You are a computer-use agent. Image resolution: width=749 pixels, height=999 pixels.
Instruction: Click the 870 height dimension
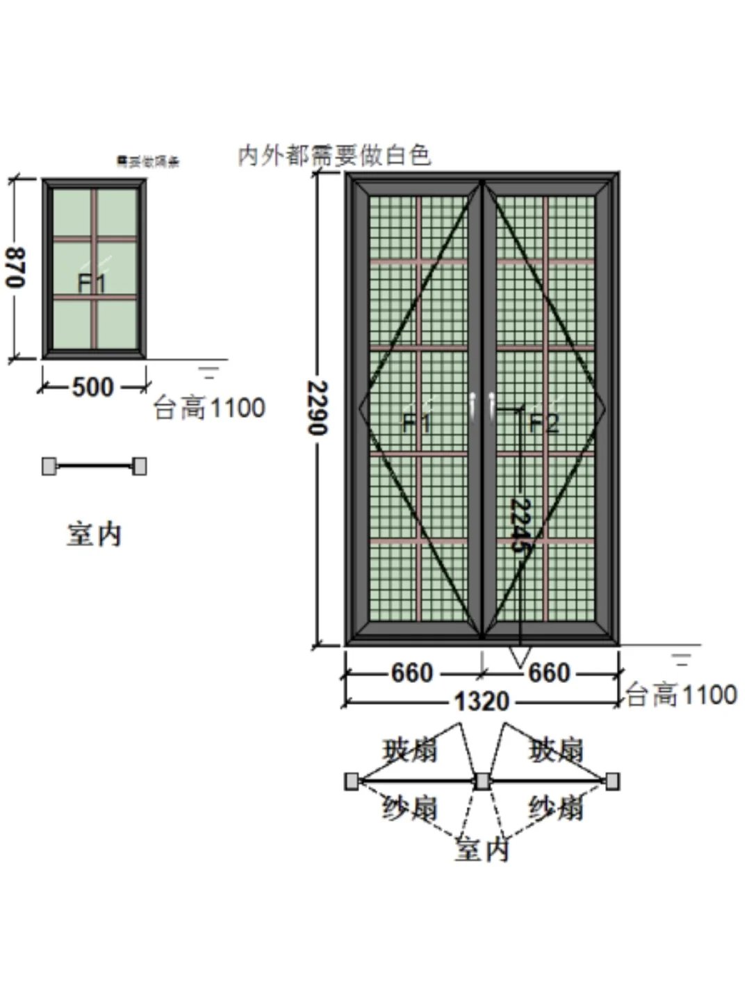pos(16,267)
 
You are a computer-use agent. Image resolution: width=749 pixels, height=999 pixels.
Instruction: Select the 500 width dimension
pos(93,387)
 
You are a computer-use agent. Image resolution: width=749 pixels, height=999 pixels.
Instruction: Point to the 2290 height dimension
pos(318,408)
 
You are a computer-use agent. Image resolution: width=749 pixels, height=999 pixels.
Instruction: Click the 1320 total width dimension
pos(481,701)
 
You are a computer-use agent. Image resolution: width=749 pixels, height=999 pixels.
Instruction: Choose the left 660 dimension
pos(412,672)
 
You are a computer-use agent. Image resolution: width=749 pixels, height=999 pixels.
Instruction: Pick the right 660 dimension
pos(549,672)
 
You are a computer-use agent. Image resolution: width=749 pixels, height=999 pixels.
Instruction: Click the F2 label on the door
pos(543,422)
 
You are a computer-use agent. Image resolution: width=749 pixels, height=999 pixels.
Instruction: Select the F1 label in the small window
pos(91,283)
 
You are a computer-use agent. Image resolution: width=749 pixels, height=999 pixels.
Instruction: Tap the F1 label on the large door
pos(417,422)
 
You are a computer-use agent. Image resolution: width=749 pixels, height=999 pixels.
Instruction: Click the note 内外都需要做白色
pos(334,156)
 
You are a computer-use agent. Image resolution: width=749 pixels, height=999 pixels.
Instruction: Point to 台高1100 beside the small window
pos(209,408)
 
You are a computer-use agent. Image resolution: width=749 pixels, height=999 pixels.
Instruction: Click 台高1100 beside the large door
pos(682,695)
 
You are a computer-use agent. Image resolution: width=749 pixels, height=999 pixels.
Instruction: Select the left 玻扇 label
pos(410,750)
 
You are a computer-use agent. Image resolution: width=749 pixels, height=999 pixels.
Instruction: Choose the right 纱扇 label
pos(555,808)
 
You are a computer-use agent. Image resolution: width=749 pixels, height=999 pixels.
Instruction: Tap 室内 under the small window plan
pos(94,534)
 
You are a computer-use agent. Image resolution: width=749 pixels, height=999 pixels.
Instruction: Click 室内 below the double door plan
pos(481,849)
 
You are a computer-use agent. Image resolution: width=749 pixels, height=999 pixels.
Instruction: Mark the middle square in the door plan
pos(482,782)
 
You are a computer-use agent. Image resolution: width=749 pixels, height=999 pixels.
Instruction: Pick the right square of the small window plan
pos(140,466)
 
